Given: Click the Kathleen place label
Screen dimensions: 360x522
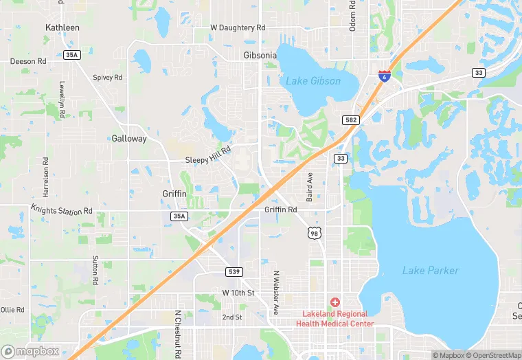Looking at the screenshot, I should (x=63, y=27).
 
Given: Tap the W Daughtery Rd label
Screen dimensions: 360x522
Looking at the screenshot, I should (x=238, y=27).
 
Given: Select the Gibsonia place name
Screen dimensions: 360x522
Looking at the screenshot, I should (x=260, y=55).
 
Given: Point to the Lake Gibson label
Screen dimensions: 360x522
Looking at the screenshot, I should (x=313, y=81).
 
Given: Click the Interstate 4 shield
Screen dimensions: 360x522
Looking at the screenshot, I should (x=385, y=76).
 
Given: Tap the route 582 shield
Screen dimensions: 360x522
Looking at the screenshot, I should (x=351, y=120).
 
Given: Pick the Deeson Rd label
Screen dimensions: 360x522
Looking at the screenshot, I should (x=28, y=61).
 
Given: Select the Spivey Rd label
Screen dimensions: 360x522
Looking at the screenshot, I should (x=108, y=78).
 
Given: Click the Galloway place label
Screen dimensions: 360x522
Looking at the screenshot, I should (x=129, y=138).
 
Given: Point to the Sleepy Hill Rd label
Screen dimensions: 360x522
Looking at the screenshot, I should (x=208, y=159).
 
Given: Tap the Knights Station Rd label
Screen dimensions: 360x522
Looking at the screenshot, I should (x=61, y=209).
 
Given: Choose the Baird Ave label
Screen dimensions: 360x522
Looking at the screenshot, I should (x=310, y=187).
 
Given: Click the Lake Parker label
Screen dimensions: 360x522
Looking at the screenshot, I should (x=431, y=271).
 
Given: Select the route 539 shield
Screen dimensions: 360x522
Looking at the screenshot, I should (x=234, y=272).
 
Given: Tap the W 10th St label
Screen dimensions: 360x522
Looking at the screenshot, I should (x=238, y=293).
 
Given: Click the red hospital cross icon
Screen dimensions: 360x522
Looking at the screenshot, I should (x=335, y=302).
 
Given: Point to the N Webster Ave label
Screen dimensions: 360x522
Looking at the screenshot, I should (x=276, y=292).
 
